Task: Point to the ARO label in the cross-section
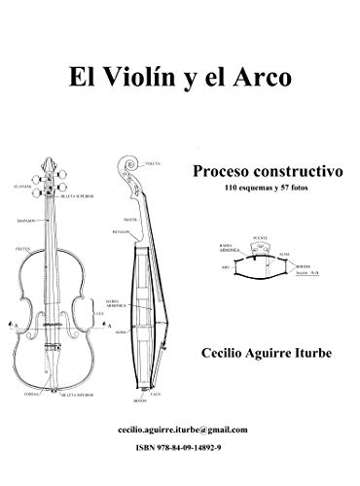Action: click(225, 265)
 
